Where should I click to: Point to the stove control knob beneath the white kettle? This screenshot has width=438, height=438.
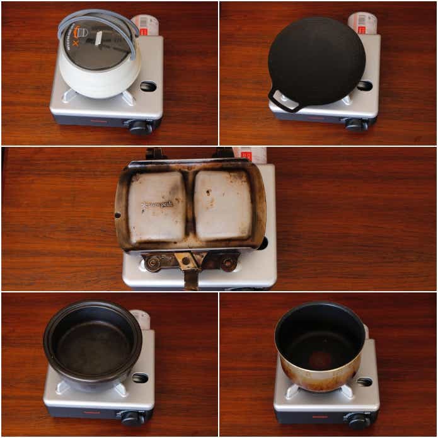(138, 126)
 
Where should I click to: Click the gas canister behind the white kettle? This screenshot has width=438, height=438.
(146, 25)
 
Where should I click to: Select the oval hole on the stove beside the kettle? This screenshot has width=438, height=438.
(148, 86)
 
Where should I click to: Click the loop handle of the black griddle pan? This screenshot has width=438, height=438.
(282, 101)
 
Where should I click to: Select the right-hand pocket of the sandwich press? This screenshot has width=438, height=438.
(222, 205)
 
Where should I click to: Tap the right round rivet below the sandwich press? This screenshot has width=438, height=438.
(228, 262)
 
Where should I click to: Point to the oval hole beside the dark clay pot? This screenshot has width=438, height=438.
(141, 378)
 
